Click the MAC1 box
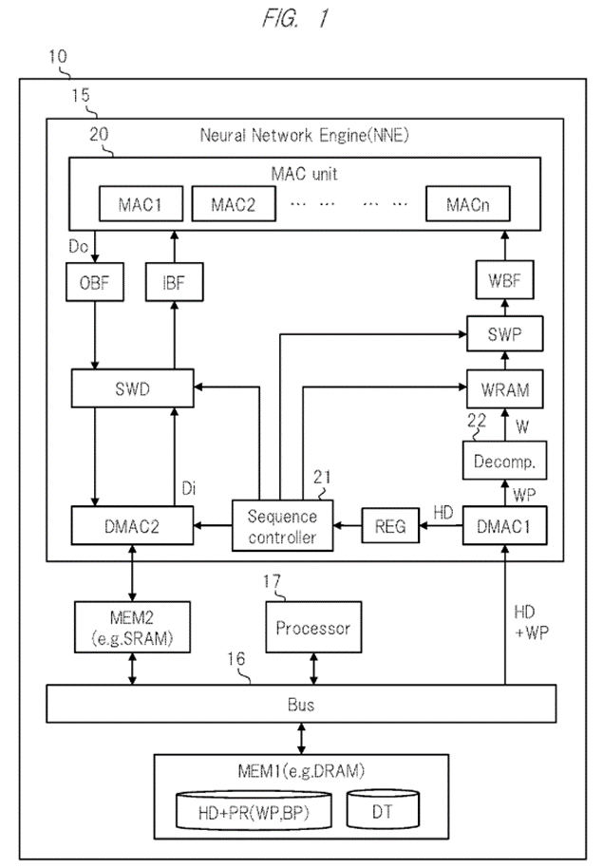click(x=141, y=204)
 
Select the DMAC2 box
click(x=133, y=525)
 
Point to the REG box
click(x=389, y=525)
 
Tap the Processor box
click(x=312, y=628)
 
